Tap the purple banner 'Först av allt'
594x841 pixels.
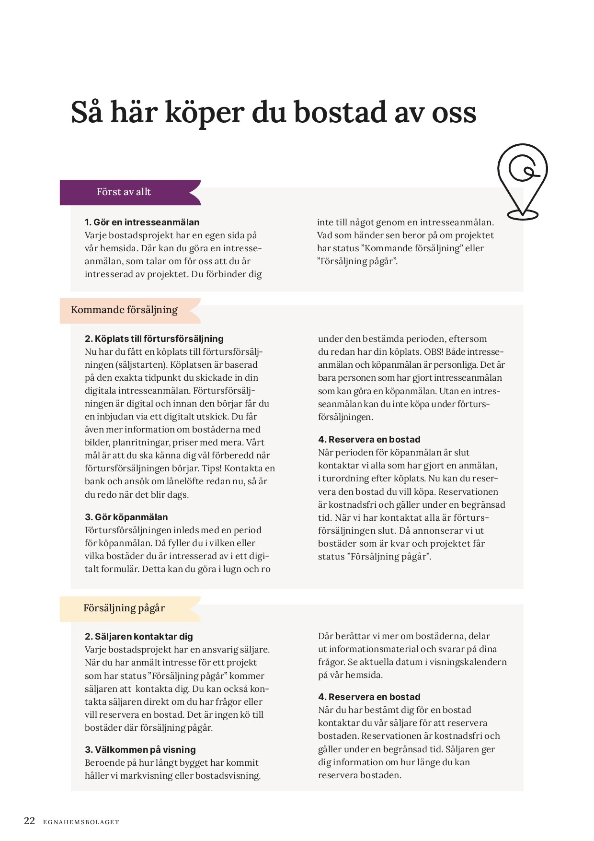pyautogui.click(x=124, y=192)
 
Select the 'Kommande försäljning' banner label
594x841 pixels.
pyautogui.click(x=124, y=310)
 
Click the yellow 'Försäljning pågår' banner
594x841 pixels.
pyautogui.click(x=124, y=608)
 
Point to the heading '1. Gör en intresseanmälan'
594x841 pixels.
pyautogui.click(x=142, y=222)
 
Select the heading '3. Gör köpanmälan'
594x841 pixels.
pyautogui.click(x=126, y=517)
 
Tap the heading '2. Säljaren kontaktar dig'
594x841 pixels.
pyautogui.click(x=138, y=637)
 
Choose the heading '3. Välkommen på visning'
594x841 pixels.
pyautogui.click(x=140, y=750)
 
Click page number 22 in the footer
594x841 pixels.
pyautogui.click(x=29, y=821)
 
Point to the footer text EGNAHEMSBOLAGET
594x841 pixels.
pyautogui.click(x=80, y=822)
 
